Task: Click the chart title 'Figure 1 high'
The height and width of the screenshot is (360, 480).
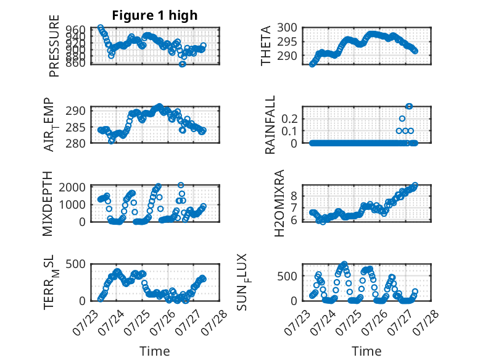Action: click(155, 15)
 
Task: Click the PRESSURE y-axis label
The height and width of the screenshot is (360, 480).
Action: click(54, 46)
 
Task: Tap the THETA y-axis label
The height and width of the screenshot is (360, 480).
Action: click(266, 46)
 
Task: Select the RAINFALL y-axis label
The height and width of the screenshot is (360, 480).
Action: click(270, 125)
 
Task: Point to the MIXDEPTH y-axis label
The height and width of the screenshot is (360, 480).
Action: click(48, 204)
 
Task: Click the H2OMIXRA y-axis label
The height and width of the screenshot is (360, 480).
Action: click(279, 203)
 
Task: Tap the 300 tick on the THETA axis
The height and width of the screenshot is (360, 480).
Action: click(287, 28)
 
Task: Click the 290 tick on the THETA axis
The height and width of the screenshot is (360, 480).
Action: click(287, 56)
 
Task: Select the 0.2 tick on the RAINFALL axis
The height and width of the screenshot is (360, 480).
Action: click(289, 119)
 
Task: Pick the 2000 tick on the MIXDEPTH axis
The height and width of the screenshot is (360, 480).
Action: click(72, 187)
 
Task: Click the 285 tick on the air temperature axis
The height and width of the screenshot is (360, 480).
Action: click(76, 127)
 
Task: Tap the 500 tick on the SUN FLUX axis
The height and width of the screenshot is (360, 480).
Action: click(287, 276)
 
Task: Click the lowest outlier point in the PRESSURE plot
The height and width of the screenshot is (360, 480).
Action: click(183, 64)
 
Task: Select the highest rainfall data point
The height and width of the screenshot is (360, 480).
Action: click(409, 106)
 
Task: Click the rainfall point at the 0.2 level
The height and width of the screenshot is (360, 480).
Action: click(402, 119)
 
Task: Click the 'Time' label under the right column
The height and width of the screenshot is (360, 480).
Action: click(366, 351)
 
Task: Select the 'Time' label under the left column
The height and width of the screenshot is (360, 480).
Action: click(155, 351)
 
